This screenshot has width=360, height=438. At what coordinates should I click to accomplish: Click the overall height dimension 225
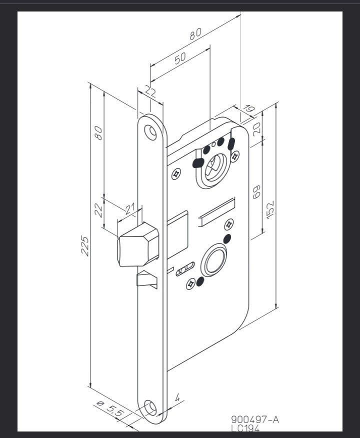pyautogui.click(x=85, y=245)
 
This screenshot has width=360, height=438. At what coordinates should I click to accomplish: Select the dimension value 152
pyautogui.click(x=270, y=209)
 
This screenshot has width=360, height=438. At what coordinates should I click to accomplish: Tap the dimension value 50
pyautogui.click(x=180, y=57)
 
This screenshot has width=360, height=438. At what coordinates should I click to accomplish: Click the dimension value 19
pyautogui.click(x=249, y=110)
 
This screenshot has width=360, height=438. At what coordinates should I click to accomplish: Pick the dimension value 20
pyautogui.click(x=256, y=128)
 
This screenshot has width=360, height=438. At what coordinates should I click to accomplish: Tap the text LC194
pyautogui.click(x=245, y=428)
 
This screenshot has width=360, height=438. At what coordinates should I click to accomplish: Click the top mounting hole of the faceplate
pyautogui.click(x=150, y=131)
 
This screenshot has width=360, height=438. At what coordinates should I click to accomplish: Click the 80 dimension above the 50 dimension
pyautogui.click(x=194, y=33)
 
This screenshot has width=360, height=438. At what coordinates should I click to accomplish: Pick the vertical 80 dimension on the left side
pyautogui.click(x=98, y=132)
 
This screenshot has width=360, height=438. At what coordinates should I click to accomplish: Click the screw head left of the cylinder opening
pyautogui.click(x=176, y=174)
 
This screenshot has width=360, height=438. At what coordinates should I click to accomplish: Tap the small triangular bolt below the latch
pyautogui.click(x=146, y=278)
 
